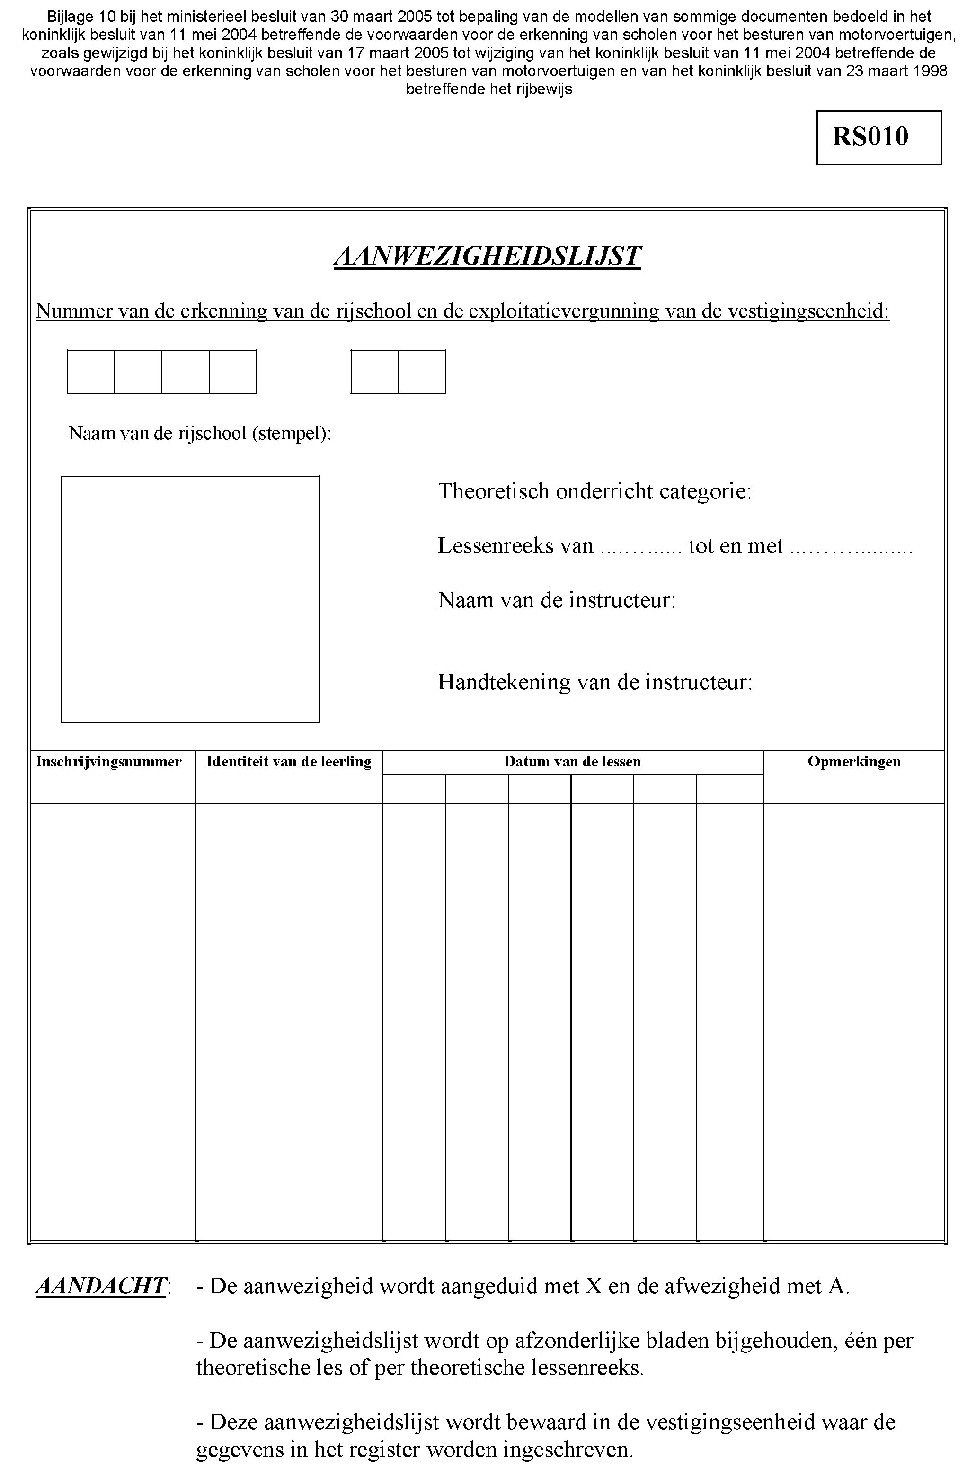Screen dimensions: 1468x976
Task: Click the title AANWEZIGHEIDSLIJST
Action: pos(488,256)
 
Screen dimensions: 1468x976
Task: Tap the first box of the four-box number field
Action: pos(91,372)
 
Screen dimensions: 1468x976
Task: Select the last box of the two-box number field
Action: pos(422,372)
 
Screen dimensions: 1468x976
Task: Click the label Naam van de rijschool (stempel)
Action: pos(199,433)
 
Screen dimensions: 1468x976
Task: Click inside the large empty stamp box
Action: pos(190,599)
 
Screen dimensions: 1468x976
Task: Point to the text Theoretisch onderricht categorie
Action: pos(594,491)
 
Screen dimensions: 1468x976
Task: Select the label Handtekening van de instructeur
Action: pos(594,682)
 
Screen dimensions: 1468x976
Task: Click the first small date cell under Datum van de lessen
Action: pos(414,790)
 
